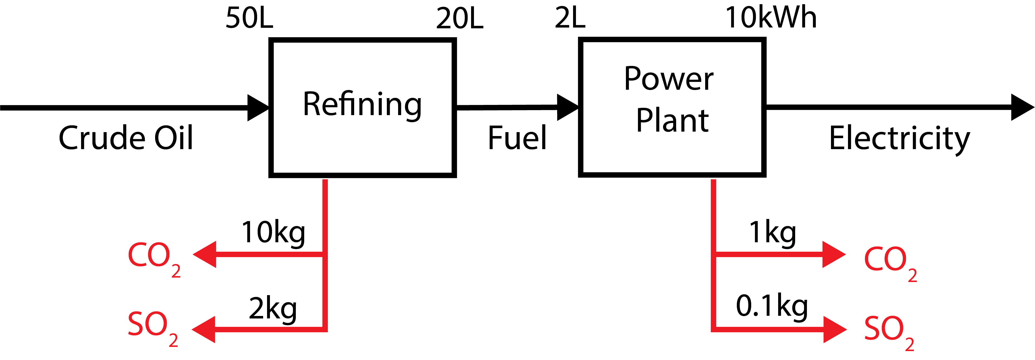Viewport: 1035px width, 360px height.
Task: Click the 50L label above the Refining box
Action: [249, 19]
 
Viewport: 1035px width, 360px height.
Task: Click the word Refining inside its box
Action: [362, 104]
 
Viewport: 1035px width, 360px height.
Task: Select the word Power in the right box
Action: [669, 79]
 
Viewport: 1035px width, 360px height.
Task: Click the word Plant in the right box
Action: [672, 121]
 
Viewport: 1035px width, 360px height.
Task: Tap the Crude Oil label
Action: [126, 138]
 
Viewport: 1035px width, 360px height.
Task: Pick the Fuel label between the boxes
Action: [517, 138]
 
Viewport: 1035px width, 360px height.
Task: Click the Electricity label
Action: [899, 139]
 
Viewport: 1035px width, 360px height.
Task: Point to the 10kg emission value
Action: [273, 233]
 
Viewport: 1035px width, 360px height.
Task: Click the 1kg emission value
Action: [772, 233]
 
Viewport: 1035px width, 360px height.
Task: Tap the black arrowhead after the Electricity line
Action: [1021, 107]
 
